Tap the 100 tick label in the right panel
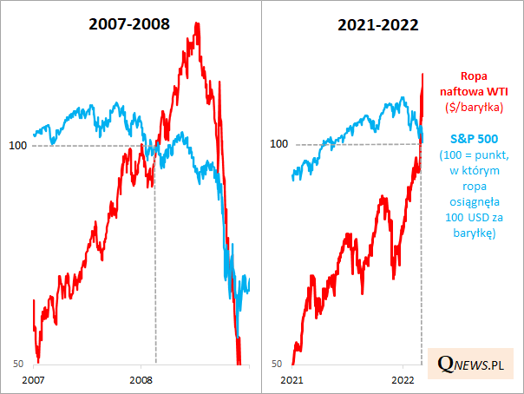point(278,144)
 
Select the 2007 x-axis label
point(33,380)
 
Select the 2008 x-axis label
point(141,380)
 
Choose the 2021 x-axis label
point(291,380)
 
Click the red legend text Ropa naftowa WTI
point(473,83)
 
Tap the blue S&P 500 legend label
point(474,139)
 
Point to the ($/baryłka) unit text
point(474,107)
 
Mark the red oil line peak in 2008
point(199,23)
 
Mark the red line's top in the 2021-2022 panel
point(422,74)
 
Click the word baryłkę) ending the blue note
point(474,232)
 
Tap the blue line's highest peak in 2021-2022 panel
point(406,98)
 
